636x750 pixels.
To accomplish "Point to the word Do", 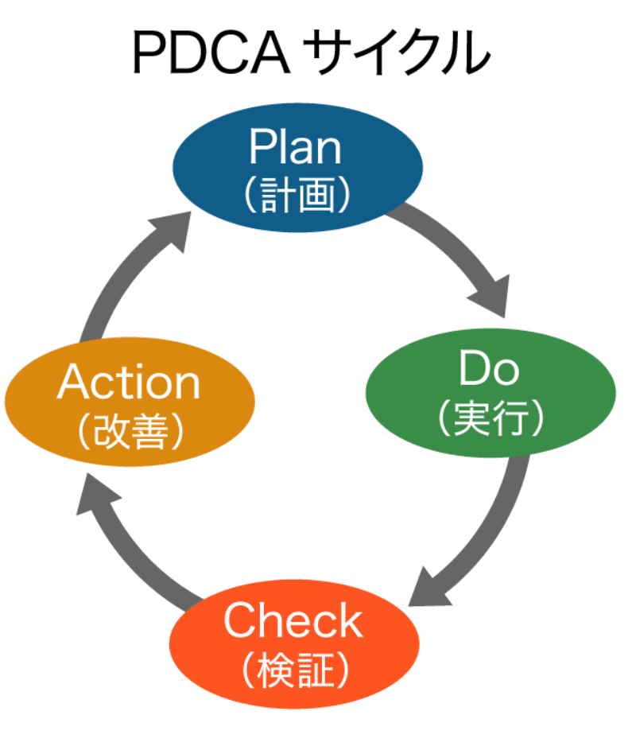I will point(490,369).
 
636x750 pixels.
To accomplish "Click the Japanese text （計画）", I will point(296,194).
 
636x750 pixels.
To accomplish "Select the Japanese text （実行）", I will point(491,417).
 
